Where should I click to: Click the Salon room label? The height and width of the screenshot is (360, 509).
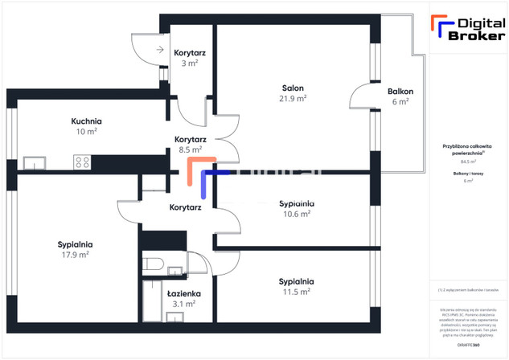tap(293, 88)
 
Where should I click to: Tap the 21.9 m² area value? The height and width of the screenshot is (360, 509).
tap(293, 98)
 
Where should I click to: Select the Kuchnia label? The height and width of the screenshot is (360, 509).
tap(86, 121)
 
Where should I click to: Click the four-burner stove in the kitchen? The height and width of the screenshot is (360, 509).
tap(82, 162)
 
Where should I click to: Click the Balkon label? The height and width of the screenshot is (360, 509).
tap(400, 91)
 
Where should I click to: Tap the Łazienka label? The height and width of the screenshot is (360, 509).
tap(184, 293)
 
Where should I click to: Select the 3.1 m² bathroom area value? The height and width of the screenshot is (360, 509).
tap(184, 304)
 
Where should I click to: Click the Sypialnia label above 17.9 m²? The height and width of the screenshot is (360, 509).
tap(75, 244)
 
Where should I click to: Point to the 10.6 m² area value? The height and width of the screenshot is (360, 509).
tap(296, 214)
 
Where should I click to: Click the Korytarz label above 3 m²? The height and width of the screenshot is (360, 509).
tap(191, 53)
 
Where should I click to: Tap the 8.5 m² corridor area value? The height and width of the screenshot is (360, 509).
tap(190, 149)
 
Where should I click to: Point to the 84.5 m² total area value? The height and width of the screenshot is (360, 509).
tap(468, 162)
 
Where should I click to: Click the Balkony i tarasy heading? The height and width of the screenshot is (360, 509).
tap(468, 173)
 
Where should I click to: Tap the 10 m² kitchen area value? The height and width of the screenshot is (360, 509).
tap(86, 131)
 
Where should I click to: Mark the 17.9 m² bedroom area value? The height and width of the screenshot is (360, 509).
tap(75, 255)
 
